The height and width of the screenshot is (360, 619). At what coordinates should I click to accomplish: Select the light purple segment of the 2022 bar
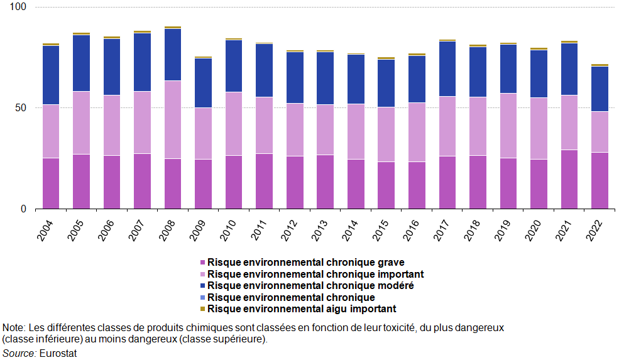[600, 132]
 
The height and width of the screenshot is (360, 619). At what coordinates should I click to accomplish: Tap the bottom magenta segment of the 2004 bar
[50, 183]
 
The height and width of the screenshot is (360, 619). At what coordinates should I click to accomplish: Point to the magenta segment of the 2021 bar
[569, 179]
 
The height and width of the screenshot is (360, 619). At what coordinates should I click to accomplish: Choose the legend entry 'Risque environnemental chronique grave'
[305, 263]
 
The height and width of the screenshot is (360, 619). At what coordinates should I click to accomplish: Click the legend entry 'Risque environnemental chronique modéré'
[310, 286]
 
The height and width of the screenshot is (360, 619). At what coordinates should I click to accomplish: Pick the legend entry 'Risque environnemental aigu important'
[302, 309]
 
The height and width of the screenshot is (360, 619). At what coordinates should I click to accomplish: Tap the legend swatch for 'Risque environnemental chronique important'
[202, 275]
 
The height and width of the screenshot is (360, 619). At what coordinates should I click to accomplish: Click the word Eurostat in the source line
[58, 353]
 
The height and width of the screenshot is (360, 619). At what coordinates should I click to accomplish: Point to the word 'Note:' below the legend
[14, 328]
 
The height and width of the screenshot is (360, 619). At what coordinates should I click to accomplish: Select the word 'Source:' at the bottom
[19, 353]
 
